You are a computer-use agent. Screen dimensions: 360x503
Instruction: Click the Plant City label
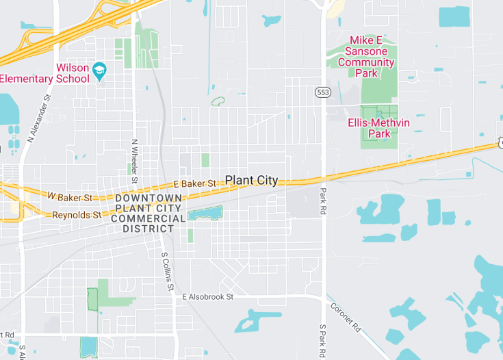(252, 181)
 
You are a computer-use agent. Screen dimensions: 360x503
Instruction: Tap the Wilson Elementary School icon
(100, 70)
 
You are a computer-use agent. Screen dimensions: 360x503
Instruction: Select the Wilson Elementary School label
(44, 73)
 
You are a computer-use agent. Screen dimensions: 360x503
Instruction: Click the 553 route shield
(323, 92)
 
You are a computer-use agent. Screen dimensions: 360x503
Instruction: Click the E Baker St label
(195, 183)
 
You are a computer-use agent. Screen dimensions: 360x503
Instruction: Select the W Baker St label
(70, 197)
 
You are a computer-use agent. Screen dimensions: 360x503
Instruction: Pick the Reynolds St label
(77, 214)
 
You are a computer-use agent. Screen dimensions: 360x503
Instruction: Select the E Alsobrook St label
(208, 297)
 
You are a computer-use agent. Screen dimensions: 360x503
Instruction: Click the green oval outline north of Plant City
(218, 102)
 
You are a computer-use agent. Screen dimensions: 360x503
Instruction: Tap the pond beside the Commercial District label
(205, 213)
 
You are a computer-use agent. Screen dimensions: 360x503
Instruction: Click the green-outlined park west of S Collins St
(92, 299)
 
